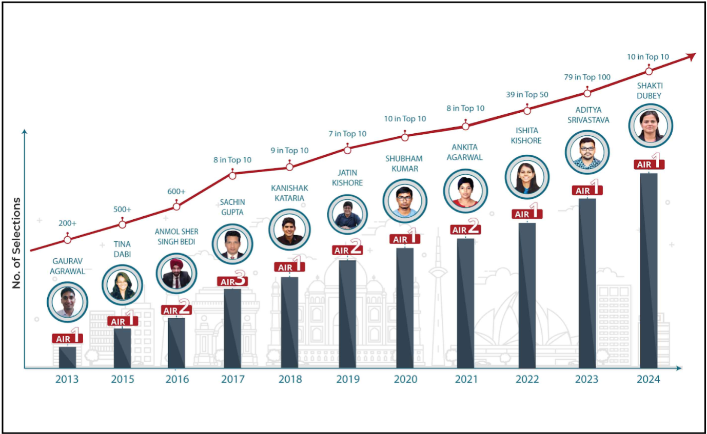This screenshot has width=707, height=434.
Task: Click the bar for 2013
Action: (67, 357)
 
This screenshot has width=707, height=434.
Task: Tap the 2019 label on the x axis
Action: (348, 380)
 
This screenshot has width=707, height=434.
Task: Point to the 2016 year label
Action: (177, 380)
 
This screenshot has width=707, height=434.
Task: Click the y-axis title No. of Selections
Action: (17, 243)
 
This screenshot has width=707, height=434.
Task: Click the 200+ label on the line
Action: (67, 223)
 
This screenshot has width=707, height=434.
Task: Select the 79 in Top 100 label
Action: (587, 77)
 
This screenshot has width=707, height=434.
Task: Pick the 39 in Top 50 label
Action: (527, 95)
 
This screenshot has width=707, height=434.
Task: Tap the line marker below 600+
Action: (176, 206)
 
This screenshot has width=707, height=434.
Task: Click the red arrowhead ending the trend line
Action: (691, 55)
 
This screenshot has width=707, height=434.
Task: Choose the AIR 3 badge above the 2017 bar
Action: (232, 281)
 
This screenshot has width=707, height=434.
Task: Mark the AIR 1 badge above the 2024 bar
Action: (649, 163)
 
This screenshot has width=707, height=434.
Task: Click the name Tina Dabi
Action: (122, 250)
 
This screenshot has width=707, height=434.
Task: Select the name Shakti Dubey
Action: (649, 91)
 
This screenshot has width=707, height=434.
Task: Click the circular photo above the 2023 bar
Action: (587, 152)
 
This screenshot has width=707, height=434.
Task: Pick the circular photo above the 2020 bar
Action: (405, 200)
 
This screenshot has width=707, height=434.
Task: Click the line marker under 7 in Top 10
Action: (347, 150)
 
